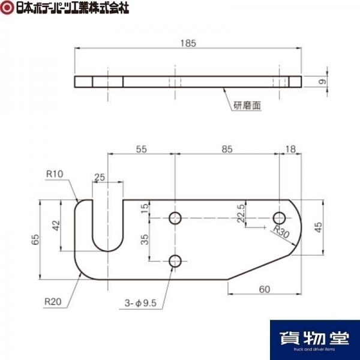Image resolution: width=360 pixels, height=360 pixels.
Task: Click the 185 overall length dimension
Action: (188, 43)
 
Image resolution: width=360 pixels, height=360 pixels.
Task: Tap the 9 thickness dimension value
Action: (323, 82)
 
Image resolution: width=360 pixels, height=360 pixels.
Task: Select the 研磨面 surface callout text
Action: (247, 106)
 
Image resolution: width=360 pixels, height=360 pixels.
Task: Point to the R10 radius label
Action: (55, 174)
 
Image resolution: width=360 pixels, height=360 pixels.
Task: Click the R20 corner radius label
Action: (53, 301)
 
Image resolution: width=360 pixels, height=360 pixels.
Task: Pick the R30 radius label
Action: (281, 232)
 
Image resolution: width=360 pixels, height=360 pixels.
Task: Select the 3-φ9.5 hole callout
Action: (140, 303)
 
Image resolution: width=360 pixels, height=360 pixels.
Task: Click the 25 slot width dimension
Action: (100, 177)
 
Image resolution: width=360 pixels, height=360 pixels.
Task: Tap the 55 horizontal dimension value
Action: (141, 149)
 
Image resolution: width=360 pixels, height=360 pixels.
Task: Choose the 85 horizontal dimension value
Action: (227, 149)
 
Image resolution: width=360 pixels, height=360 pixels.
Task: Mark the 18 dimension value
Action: (290, 149)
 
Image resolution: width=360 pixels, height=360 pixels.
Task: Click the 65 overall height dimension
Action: (35, 239)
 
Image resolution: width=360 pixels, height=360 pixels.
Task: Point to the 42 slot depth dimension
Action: (56, 226)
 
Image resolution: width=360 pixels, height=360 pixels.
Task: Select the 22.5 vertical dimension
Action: (241, 213)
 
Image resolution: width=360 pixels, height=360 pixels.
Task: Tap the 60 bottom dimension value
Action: (265, 289)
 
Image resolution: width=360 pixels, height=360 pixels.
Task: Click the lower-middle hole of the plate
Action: (175, 261)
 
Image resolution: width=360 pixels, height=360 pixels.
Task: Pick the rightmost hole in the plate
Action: (279, 218)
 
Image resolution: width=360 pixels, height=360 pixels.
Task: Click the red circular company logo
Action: (7, 8)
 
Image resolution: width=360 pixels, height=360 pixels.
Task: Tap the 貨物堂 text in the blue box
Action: (315, 338)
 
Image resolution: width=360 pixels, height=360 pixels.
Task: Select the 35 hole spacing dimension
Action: (145, 239)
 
